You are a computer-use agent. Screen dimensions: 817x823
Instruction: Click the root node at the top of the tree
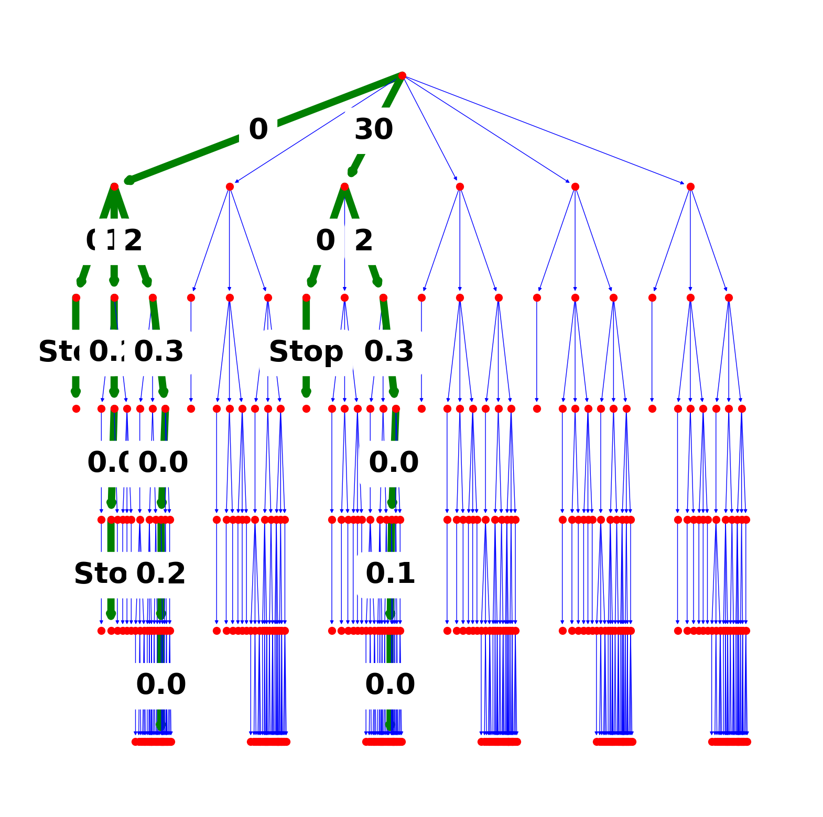tap(402, 75)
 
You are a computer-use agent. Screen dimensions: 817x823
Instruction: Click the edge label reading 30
tap(374, 129)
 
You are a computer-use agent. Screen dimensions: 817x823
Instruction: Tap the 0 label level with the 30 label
tap(258, 129)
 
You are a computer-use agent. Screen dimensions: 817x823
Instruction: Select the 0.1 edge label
tap(390, 573)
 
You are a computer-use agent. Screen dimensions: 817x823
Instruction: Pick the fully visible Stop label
tap(306, 351)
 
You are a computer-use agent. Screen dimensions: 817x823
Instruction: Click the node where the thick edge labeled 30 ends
tap(344, 186)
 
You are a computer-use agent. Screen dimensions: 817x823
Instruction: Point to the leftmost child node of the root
tap(114, 186)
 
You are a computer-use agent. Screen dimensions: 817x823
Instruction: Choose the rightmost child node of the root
tap(690, 186)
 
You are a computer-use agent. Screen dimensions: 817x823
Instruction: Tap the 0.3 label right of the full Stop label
tap(389, 351)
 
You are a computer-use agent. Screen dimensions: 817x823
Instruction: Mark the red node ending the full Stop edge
tap(306, 408)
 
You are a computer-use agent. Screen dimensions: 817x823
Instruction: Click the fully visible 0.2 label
tap(161, 573)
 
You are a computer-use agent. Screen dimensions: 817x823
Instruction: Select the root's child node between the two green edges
tap(230, 186)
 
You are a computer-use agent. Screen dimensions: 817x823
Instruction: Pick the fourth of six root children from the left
tap(460, 186)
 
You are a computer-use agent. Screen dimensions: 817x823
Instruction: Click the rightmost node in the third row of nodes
tap(729, 297)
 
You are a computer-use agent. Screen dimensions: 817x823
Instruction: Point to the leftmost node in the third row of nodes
tap(76, 297)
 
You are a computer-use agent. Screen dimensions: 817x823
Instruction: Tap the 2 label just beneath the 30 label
tap(364, 241)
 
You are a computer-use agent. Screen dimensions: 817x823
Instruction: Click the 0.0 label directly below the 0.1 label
tap(390, 684)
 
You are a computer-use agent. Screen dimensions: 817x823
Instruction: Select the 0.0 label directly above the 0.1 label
tap(394, 462)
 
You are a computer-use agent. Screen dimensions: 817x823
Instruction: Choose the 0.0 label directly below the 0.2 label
tap(161, 684)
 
